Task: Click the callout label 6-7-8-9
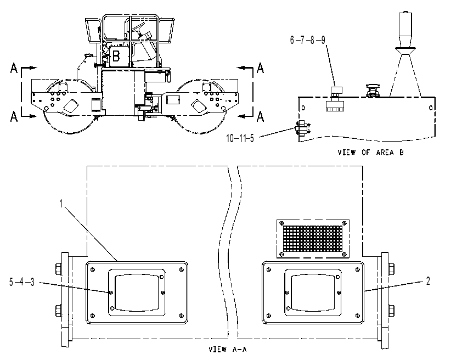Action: click(x=308, y=40)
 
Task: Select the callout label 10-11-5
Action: click(x=240, y=138)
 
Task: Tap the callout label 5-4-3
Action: click(x=22, y=282)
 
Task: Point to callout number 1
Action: click(x=61, y=204)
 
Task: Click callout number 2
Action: click(x=428, y=281)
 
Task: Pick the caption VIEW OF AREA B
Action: click(x=370, y=153)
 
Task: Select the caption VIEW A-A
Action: click(x=228, y=350)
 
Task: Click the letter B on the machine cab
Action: click(x=116, y=56)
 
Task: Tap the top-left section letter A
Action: click(x=14, y=68)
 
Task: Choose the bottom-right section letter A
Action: click(x=260, y=116)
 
